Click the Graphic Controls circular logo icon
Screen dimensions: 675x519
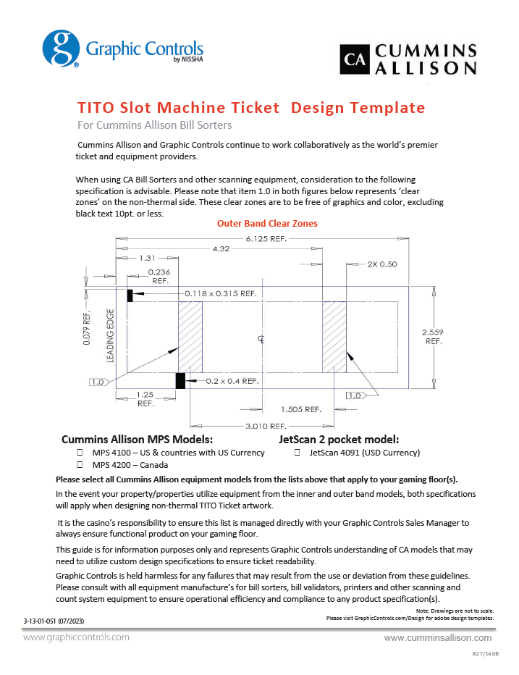point(61,49)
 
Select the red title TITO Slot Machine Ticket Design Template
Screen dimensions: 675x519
point(251,108)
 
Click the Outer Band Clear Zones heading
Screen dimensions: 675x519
point(267,224)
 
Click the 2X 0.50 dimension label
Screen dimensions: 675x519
point(381,264)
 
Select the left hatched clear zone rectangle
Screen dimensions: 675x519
point(190,337)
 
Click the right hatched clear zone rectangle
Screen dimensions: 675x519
point(334,337)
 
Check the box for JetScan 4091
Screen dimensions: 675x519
point(298,453)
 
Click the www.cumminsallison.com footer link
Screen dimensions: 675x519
point(437,638)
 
